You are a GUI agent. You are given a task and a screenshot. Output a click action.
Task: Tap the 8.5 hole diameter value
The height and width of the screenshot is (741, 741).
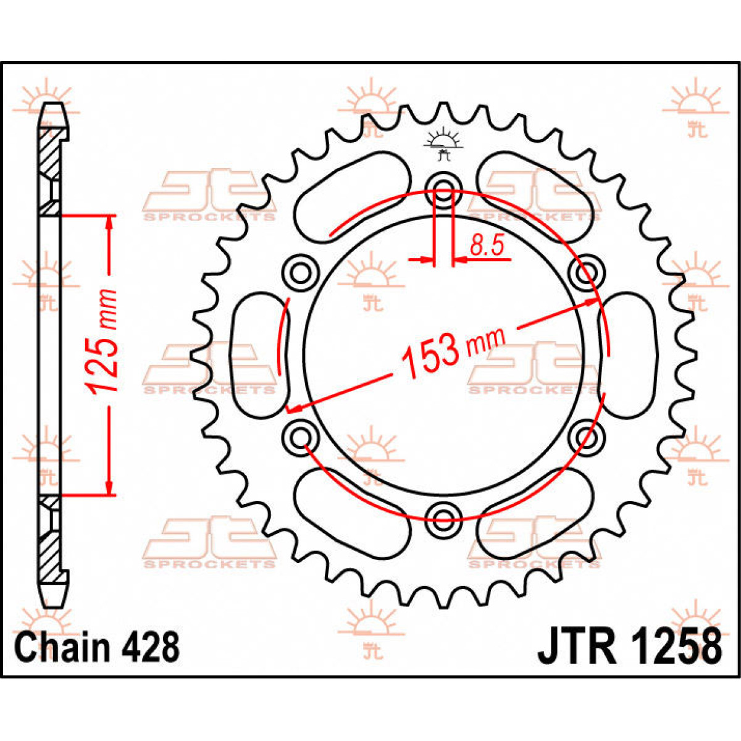pos(487,246)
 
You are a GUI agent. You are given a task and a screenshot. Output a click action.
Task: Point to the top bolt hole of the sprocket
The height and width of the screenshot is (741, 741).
pos(444,190)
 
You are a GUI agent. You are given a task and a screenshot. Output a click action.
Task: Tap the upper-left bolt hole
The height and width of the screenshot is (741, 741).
pos(300,274)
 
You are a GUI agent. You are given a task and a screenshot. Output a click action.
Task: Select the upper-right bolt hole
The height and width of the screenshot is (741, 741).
pos(587,274)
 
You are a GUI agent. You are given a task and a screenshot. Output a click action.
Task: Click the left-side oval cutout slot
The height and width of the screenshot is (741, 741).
pos(260,355)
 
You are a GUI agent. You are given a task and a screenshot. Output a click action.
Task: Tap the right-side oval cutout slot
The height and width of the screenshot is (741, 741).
pos(627,355)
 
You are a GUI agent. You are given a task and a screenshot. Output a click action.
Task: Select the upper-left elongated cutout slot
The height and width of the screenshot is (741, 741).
pos(352,197)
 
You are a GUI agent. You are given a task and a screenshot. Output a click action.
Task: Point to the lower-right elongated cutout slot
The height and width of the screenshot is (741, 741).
pos(535,514)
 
